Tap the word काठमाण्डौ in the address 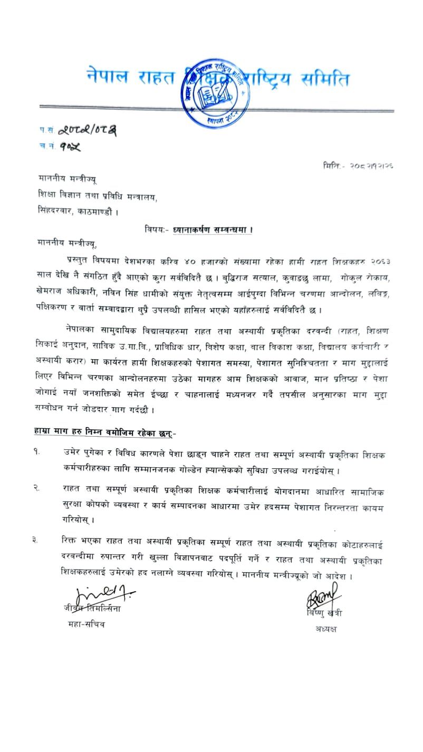103,213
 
